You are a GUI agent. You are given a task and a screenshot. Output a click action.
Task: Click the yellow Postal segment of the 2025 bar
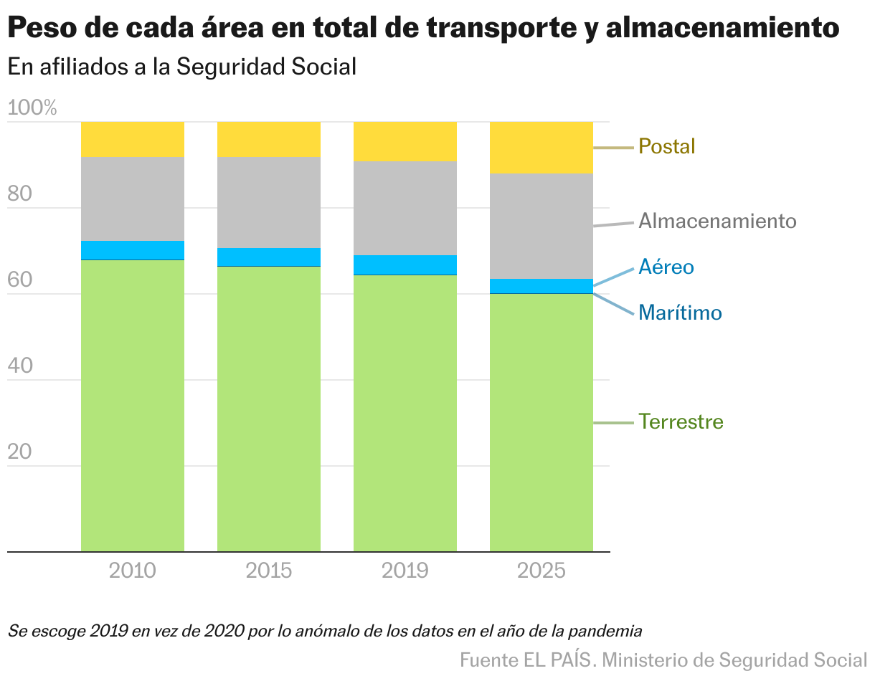click(x=541, y=147)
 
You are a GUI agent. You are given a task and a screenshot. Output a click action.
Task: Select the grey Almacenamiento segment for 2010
click(x=133, y=199)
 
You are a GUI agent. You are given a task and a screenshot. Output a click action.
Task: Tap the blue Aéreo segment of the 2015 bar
click(x=269, y=257)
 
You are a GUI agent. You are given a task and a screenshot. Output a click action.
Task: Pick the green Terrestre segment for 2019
click(x=405, y=413)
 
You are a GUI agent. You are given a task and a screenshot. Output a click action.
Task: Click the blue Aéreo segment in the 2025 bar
click(x=541, y=285)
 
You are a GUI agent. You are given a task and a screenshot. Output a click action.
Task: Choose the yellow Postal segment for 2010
click(x=133, y=139)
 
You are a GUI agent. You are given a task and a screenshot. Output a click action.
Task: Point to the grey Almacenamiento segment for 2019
click(x=405, y=208)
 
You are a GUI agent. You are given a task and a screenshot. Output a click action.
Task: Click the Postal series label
click(x=667, y=147)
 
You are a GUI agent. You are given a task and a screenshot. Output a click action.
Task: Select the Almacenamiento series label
click(x=717, y=221)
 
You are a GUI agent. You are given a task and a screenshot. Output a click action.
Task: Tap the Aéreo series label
click(x=666, y=267)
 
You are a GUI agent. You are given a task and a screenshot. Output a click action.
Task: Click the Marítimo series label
click(x=680, y=313)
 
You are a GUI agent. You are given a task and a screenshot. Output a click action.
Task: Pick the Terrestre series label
click(x=681, y=422)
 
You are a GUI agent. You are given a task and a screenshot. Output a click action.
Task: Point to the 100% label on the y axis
click(x=32, y=108)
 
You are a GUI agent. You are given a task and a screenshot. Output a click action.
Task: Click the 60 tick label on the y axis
click(x=20, y=280)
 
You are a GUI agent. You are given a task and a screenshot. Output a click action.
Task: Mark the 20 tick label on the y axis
click(x=20, y=452)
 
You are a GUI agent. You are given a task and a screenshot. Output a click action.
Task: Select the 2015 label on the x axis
click(x=269, y=571)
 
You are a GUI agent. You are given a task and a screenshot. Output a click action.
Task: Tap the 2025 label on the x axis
click(x=541, y=571)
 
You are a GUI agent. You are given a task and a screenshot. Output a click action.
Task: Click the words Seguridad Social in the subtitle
click(x=266, y=67)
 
